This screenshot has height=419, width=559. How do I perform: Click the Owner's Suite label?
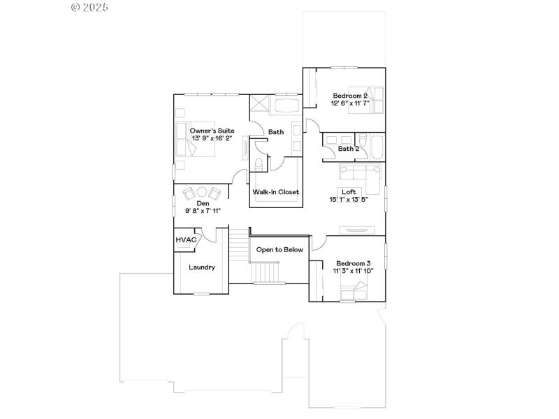tap(212, 131)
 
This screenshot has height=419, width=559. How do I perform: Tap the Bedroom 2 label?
tap(350, 96)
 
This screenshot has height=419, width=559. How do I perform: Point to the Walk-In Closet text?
tap(276, 192)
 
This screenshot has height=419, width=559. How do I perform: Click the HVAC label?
tap(186, 240)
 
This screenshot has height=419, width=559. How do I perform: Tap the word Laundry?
tap(202, 267)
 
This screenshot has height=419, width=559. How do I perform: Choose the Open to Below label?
tap(279, 249)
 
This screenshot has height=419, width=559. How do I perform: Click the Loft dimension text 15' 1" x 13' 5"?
tap(349, 200)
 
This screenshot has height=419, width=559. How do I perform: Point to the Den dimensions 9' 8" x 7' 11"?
tap(203, 210)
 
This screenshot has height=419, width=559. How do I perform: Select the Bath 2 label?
tap(349, 148)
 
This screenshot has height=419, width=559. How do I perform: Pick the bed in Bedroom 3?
tap(354, 292)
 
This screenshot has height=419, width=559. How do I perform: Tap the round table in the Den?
tap(201, 192)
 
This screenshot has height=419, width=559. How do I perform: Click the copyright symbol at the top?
tap(76, 7)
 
